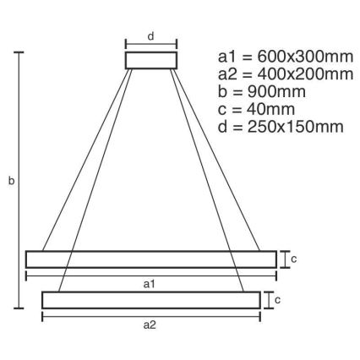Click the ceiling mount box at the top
coord(151,60)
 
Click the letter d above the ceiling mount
coord(151,35)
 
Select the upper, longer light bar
coord(150,259)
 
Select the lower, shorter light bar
coord(150,300)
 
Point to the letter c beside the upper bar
coord(293,259)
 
